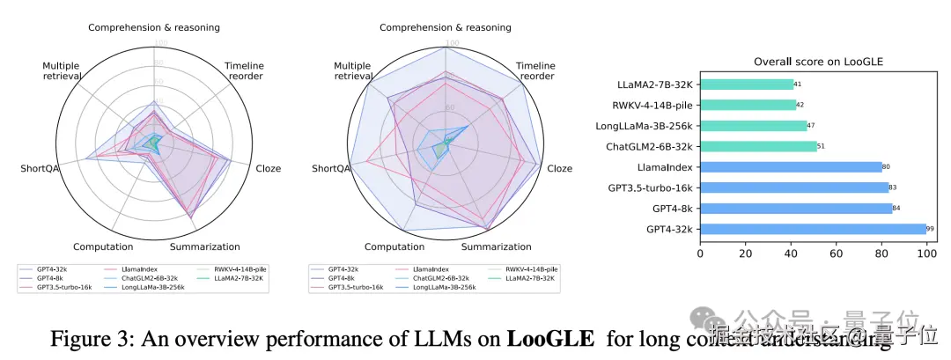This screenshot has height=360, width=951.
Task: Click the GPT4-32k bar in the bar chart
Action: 813,229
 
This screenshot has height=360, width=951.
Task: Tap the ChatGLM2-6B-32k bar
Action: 758,146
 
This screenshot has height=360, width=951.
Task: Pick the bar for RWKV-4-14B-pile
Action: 748,105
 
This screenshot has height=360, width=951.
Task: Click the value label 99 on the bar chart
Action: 930,229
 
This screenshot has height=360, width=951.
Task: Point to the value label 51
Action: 821,146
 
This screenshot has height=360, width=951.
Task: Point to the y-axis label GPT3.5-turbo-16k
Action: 649,187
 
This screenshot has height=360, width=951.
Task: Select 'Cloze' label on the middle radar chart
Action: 559,168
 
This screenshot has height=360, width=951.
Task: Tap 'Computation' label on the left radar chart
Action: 103,247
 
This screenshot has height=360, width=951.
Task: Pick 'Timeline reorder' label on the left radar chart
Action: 244,71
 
